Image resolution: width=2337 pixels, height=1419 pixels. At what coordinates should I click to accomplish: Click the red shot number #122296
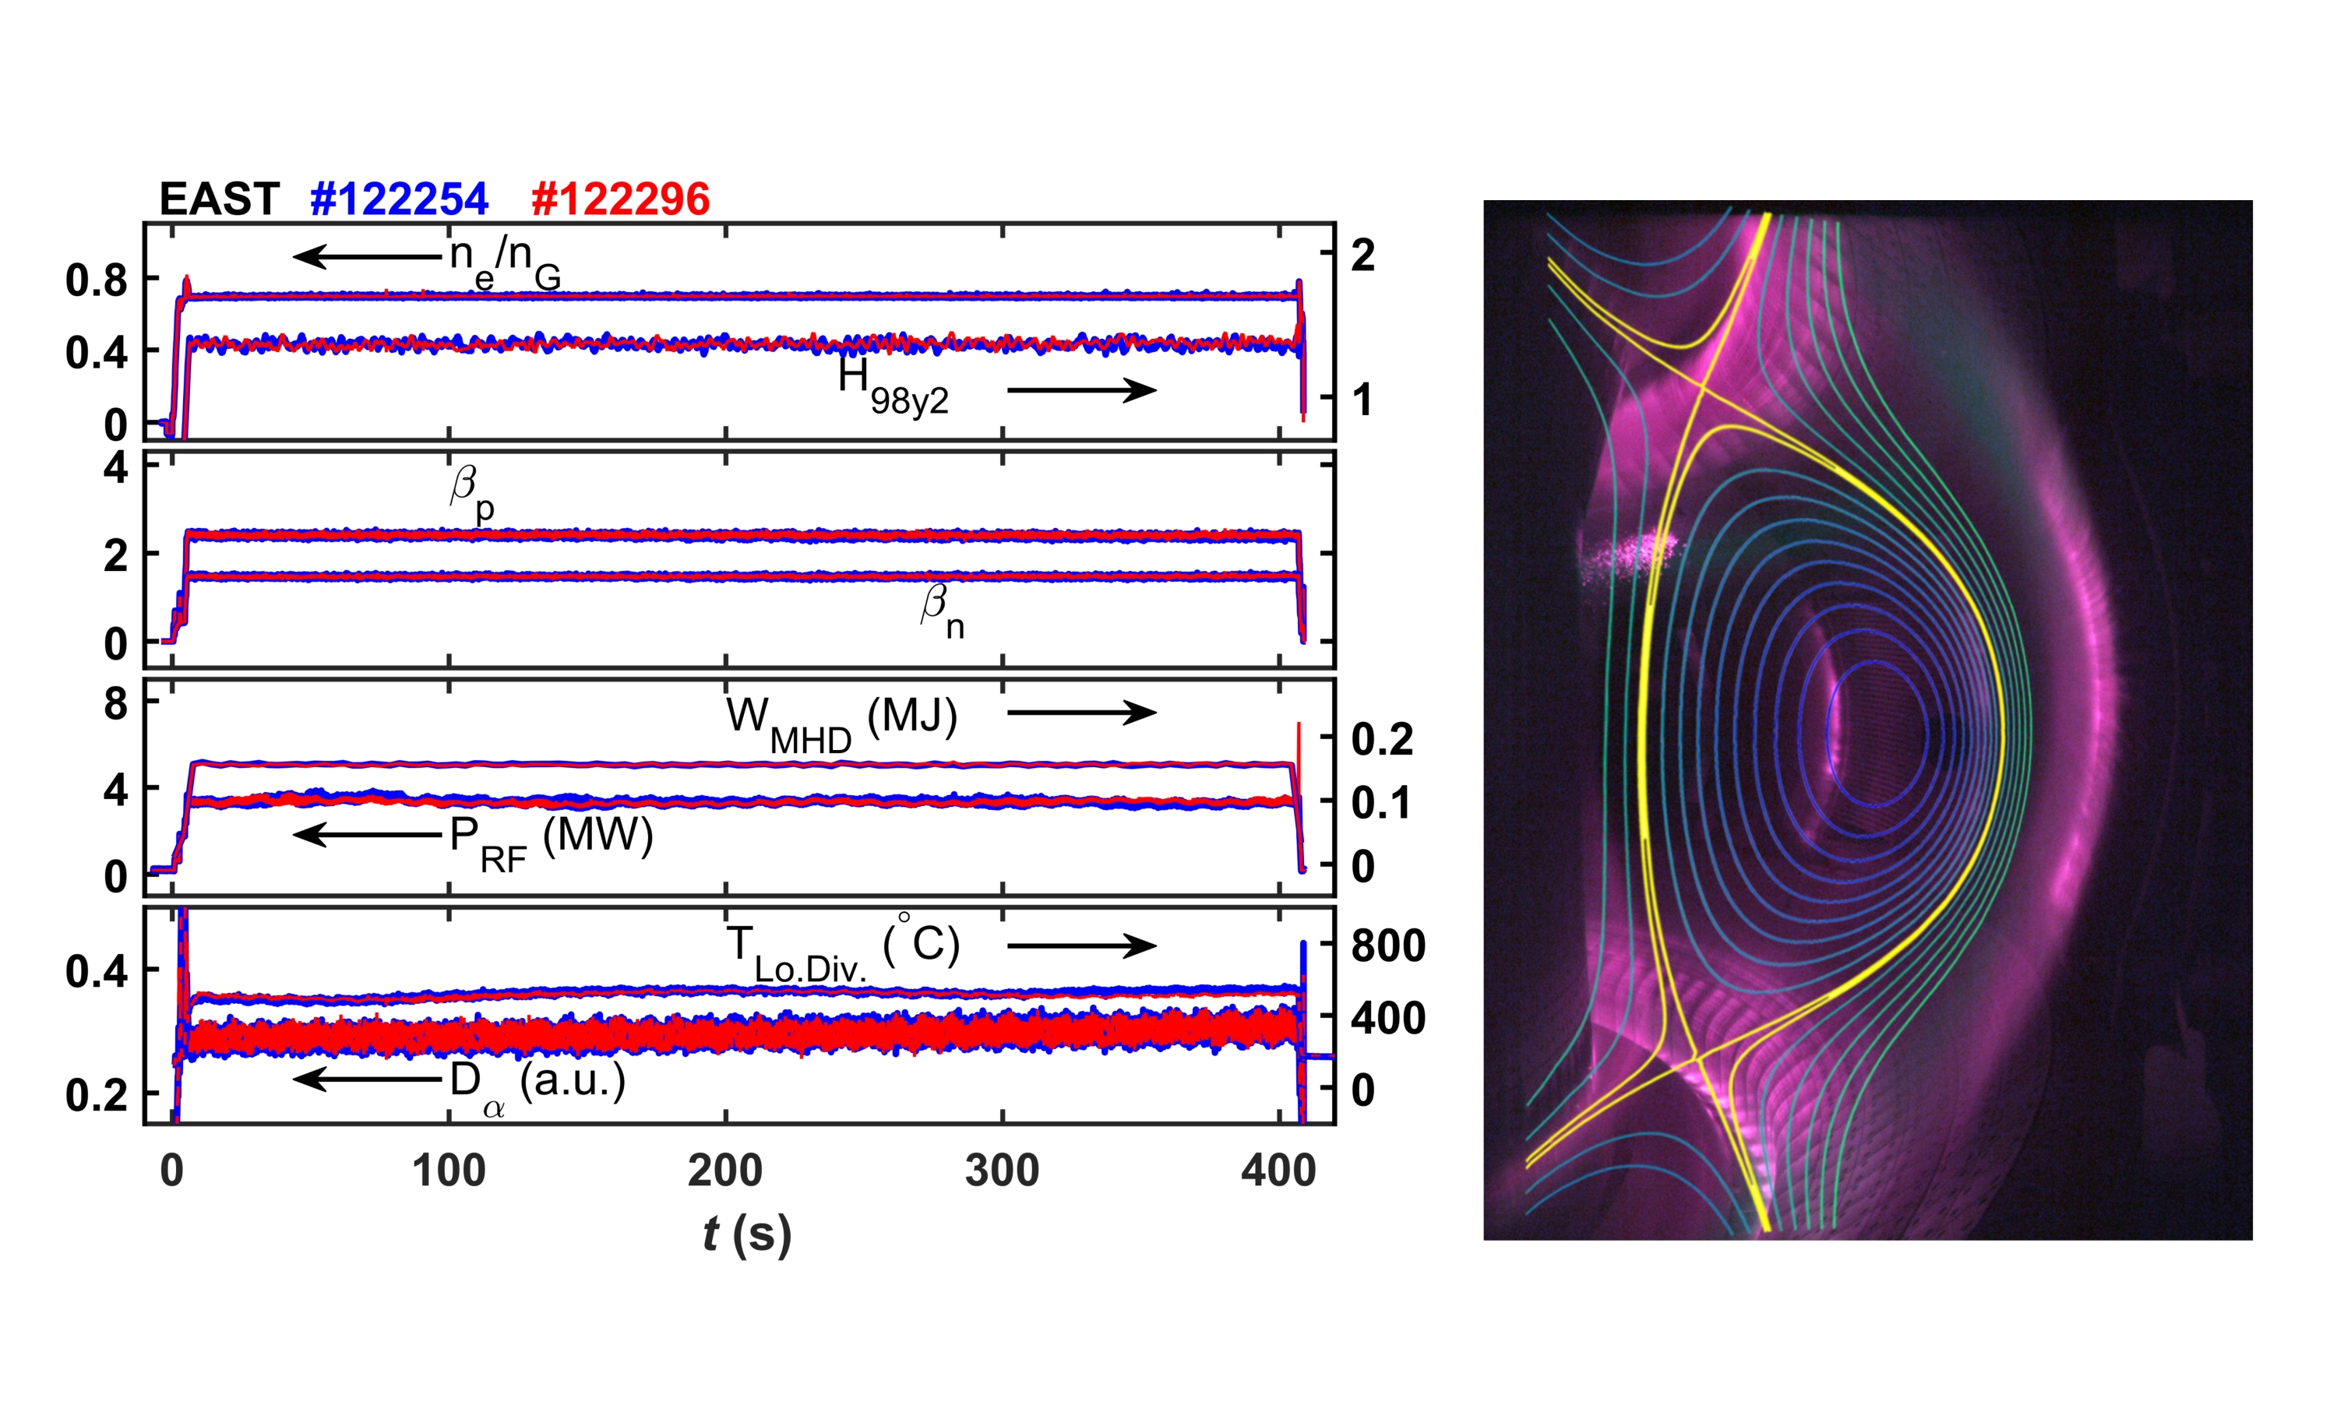[x=620, y=199]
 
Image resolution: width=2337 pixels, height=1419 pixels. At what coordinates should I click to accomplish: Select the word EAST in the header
[x=219, y=199]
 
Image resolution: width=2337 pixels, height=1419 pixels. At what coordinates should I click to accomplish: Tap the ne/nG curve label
[x=505, y=260]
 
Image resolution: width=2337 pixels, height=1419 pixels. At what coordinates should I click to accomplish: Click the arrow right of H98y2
[x=1081, y=390]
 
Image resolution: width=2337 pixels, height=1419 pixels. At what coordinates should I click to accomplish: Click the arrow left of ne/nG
[x=367, y=256]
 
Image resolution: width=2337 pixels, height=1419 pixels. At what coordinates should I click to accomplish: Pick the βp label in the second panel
[x=471, y=492]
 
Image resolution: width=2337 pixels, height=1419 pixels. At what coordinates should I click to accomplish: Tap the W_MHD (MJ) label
[x=841, y=724]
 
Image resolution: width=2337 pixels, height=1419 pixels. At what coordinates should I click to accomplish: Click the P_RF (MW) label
[x=551, y=843]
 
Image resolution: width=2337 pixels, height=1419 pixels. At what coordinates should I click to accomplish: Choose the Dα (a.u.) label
[x=537, y=1087]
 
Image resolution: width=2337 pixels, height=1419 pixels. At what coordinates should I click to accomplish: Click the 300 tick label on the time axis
[x=1002, y=1171]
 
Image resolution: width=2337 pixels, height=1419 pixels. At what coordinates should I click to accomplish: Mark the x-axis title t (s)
[x=746, y=1235]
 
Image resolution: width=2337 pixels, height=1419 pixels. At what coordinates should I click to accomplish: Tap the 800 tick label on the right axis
[x=1387, y=946]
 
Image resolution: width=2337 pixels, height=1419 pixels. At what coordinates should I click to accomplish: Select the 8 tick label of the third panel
[x=116, y=704]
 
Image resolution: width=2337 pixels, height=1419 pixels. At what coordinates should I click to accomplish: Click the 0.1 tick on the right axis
[x=1380, y=802]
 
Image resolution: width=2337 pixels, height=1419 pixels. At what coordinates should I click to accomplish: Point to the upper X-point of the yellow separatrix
[x=1704, y=387]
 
